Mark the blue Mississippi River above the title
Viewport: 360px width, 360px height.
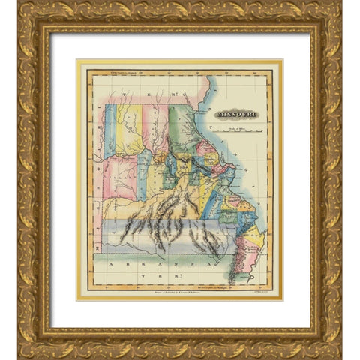(212, 90)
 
